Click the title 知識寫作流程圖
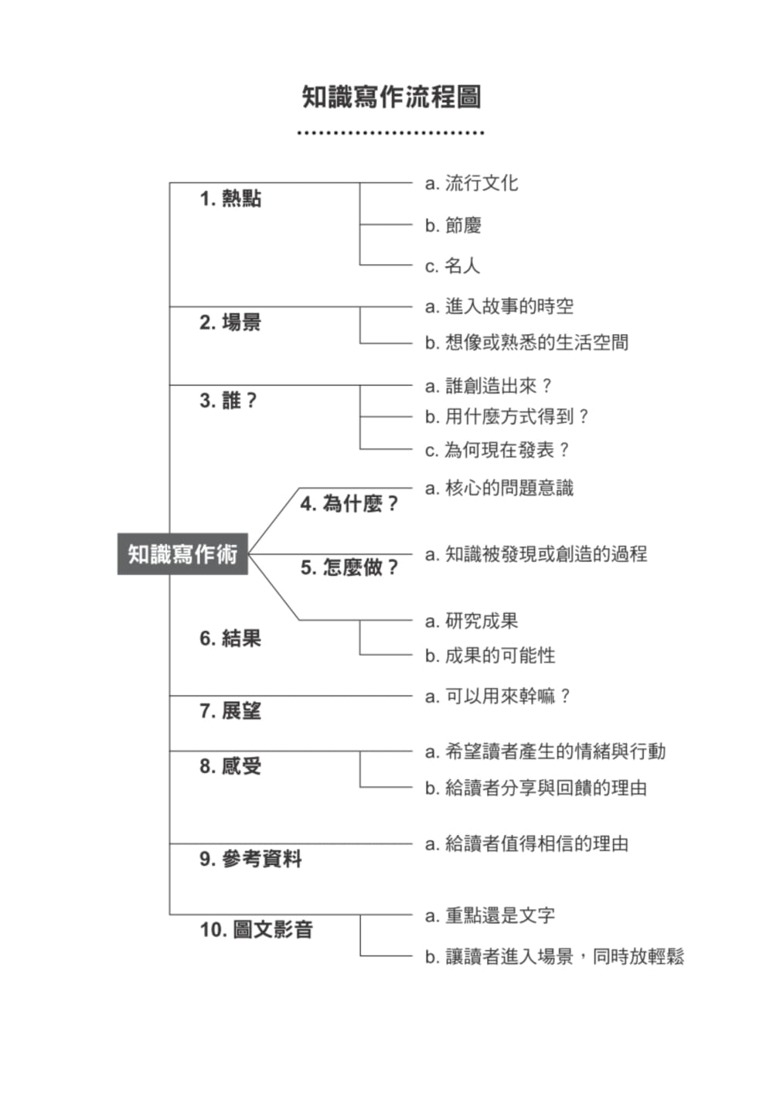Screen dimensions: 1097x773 (391, 97)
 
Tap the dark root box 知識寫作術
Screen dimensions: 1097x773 (182, 554)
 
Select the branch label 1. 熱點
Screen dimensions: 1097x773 (230, 199)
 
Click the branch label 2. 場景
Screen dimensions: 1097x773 (230, 322)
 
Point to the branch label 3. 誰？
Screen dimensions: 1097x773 (228, 400)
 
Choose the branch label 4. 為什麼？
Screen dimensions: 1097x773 (349, 504)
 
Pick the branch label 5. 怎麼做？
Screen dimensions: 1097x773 (349, 567)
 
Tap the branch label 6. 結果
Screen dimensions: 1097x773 (230, 639)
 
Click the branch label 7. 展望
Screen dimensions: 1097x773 (230, 711)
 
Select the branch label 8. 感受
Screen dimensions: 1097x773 (230, 766)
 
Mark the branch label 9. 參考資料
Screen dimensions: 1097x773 (250, 859)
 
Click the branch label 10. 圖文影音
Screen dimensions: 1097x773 (256, 929)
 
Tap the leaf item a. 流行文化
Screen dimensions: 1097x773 (472, 183)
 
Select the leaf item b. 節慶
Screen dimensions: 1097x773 (453, 226)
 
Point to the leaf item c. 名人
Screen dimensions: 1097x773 (452, 266)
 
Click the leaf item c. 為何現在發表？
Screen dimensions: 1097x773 (497, 450)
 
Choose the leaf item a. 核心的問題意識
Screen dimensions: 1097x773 (499, 488)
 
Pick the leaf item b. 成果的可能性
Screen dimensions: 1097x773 (490, 656)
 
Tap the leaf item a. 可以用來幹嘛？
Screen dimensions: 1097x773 (498, 697)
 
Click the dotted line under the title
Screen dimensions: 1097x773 (391, 133)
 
